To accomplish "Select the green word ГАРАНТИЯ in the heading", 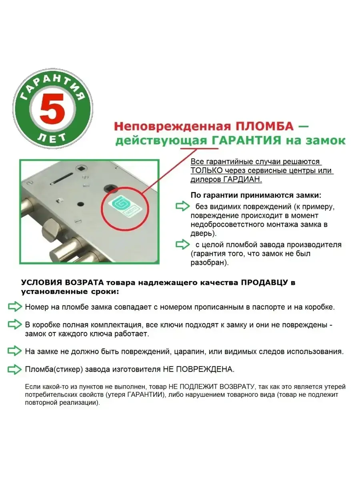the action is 246,140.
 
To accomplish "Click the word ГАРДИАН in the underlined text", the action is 242,179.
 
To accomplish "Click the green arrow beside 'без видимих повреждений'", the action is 182,206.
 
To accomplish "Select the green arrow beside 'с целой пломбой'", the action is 182,244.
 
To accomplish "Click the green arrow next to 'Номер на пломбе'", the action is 15,306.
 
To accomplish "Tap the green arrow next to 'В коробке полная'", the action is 15,324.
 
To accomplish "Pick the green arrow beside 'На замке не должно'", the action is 15,352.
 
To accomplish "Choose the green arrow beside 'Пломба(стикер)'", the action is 15,370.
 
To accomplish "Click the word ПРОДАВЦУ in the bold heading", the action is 264,282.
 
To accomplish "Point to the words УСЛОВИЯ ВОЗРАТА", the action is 62,282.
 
